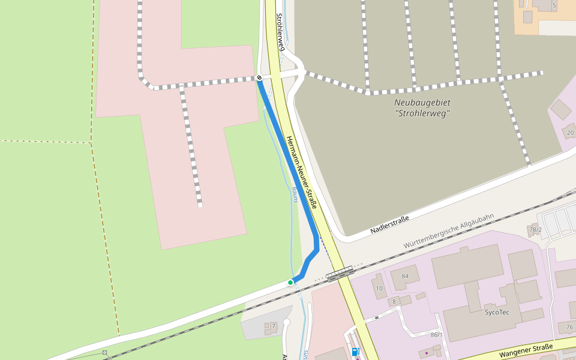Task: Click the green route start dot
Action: tap(290, 282)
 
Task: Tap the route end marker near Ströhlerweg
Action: tap(259, 78)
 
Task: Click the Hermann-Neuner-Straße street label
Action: tap(301, 173)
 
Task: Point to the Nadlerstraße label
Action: tap(389, 224)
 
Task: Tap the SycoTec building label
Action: tap(497, 312)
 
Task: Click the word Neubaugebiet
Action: tap(422, 103)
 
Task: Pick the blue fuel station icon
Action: tap(355, 352)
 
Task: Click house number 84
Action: tap(405, 276)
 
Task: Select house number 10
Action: tap(379, 289)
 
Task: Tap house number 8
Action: tap(394, 301)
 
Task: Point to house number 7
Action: tap(273, 326)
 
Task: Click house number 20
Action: tap(570, 133)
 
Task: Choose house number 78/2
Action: tap(535, 230)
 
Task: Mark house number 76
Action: tap(569, 327)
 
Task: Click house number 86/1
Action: tap(436, 334)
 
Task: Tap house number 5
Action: tap(554, 5)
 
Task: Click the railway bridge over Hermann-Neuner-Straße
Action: tap(340, 275)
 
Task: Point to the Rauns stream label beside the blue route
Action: tap(295, 194)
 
